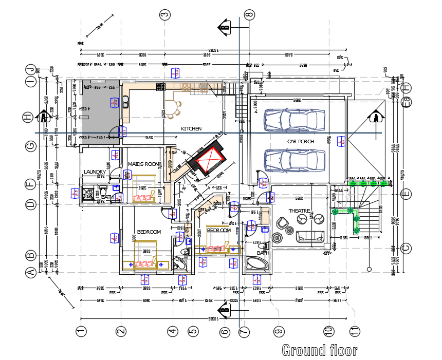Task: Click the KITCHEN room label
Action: pos(191,128)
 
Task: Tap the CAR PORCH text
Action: pos(301,141)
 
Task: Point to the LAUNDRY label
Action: pos(95,172)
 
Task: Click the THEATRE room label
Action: pos(299,211)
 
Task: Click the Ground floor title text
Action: pos(319,351)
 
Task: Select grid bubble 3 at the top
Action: pos(165,14)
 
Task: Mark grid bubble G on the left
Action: pos(31,147)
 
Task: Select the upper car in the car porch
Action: pos(294,120)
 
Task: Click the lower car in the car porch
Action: pos(294,160)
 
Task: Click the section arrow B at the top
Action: pos(224,26)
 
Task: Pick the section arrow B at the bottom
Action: pos(224,309)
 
